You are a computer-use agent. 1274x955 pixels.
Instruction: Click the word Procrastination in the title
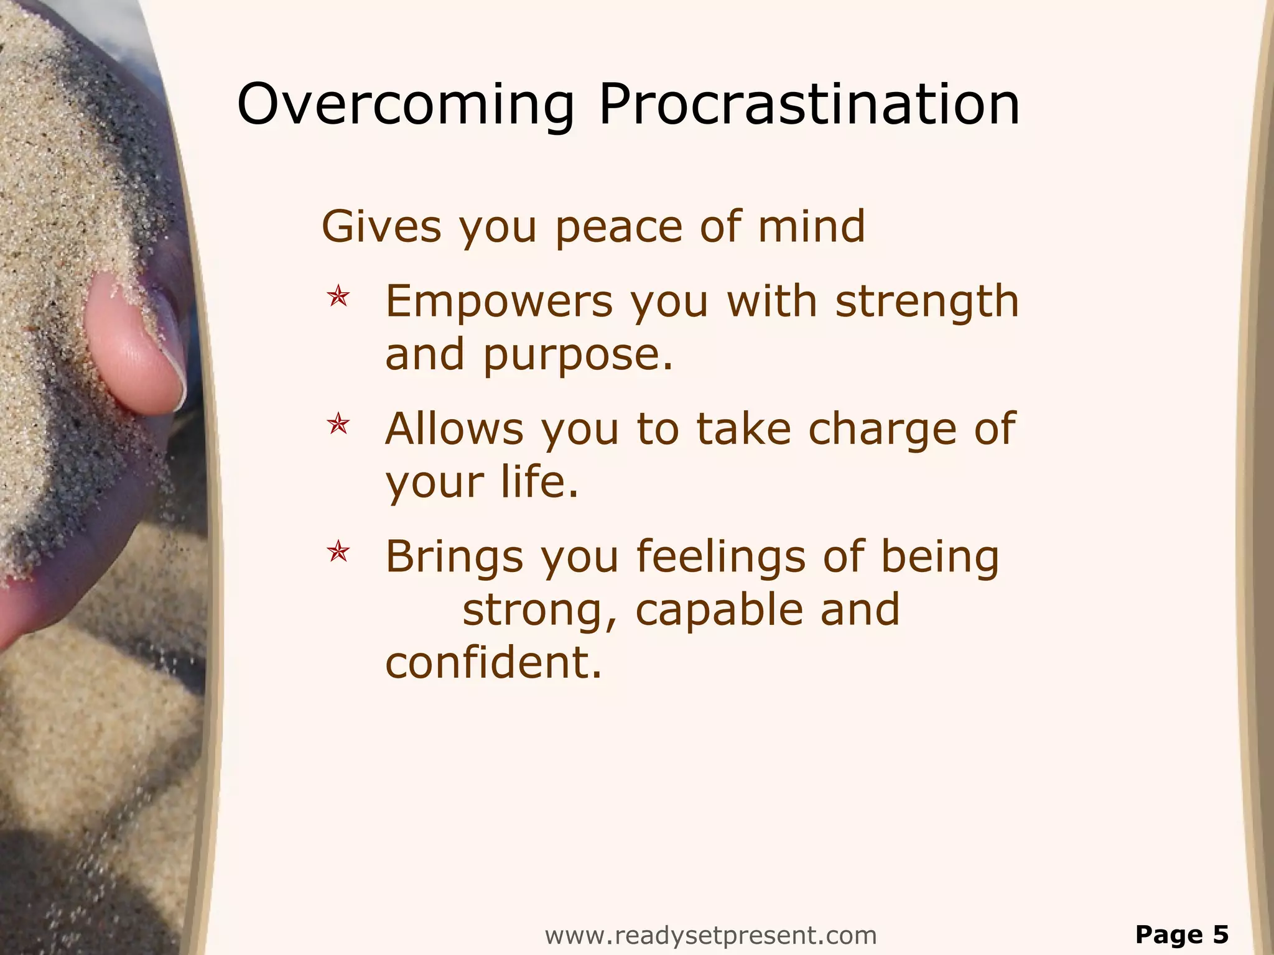[809, 104]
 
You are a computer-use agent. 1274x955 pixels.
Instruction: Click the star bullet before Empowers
[338, 296]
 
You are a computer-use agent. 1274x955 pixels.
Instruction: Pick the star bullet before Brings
[338, 551]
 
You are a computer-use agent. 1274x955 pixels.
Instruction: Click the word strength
[926, 302]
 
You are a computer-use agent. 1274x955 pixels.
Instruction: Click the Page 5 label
[1182, 934]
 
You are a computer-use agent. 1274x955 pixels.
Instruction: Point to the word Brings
[454, 557]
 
